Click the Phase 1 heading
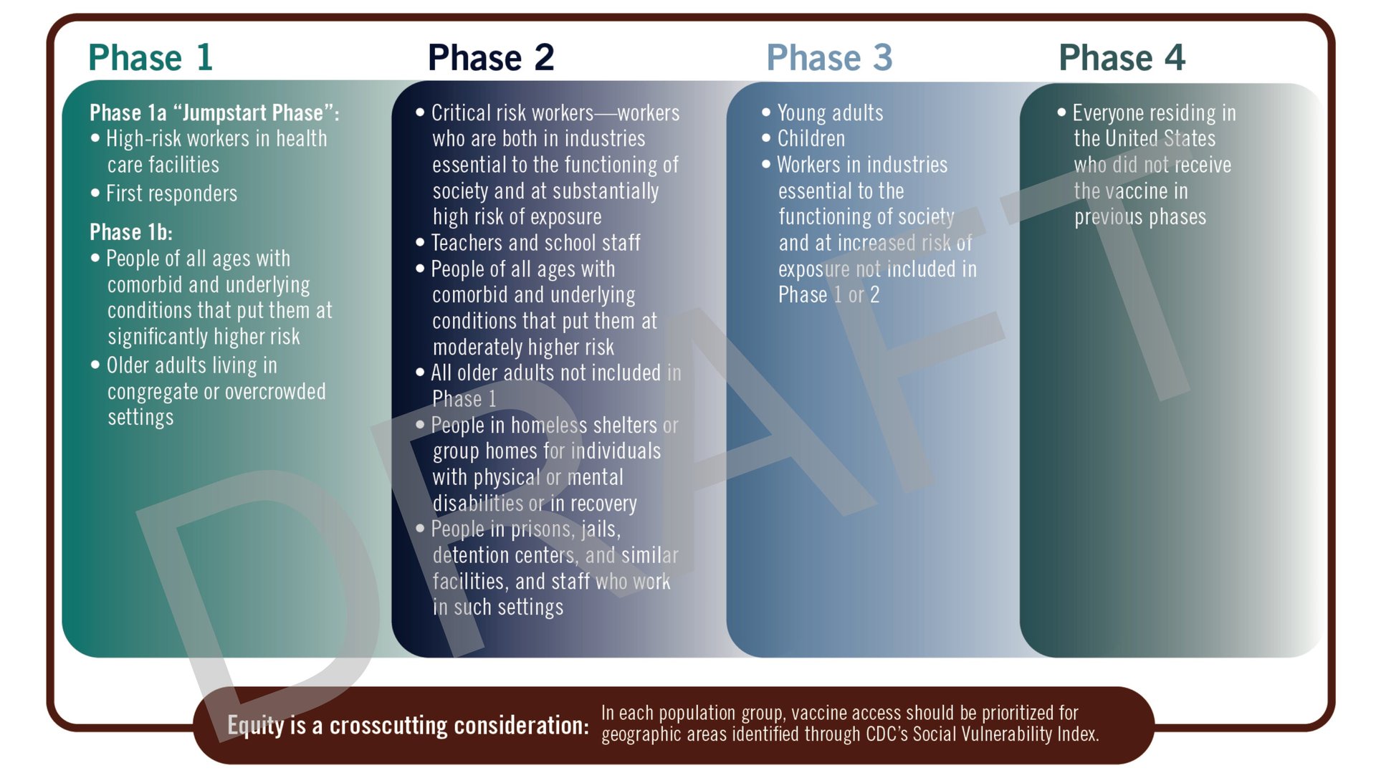[x=150, y=57]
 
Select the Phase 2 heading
[x=491, y=57]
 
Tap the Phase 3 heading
[x=829, y=57]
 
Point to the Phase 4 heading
[x=1122, y=57]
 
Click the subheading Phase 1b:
[x=130, y=232]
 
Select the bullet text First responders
[x=171, y=193]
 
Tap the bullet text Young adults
[x=830, y=113]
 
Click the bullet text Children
[x=811, y=138]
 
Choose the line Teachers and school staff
[x=535, y=243]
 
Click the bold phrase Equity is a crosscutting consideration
[x=408, y=725]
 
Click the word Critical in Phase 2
[x=463, y=113]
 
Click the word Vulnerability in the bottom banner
[x=1006, y=734]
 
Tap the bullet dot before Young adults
[x=766, y=112]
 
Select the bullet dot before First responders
[x=95, y=193]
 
